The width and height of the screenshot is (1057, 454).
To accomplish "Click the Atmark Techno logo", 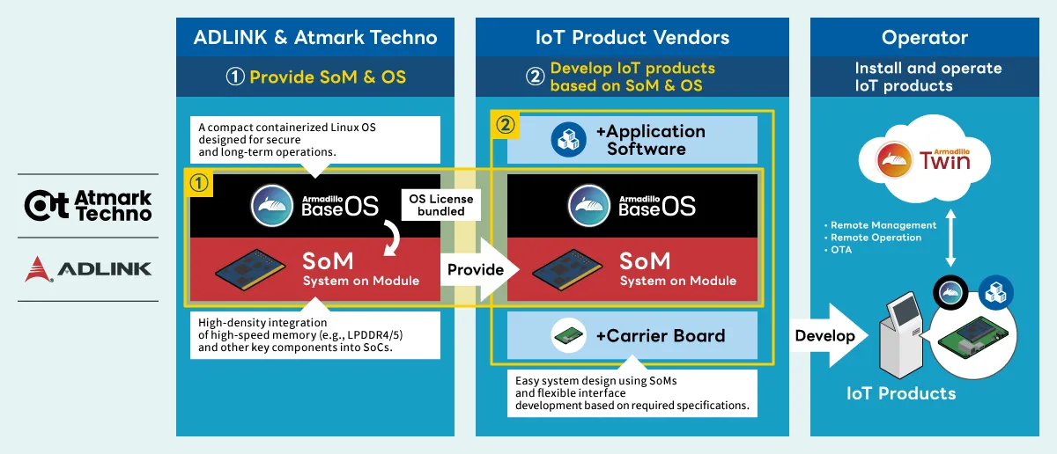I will tap(88, 205).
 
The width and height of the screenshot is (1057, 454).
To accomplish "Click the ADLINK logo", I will tap(88, 267).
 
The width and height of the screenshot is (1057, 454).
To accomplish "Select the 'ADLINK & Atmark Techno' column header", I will tap(315, 37).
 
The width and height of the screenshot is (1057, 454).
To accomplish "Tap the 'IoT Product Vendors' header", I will tap(632, 37).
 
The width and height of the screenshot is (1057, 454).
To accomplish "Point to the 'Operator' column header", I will tap(924, 37).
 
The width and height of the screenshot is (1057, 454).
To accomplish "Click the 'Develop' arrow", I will tap(825, 335).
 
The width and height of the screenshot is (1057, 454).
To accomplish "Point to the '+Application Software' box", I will tap(632, 139).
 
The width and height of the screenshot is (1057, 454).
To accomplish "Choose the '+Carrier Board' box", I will tap(632, 335).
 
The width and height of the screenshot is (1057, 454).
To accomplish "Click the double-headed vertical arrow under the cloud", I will tap(950, 238).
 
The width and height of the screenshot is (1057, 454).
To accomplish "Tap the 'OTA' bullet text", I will tap(844, 250).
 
